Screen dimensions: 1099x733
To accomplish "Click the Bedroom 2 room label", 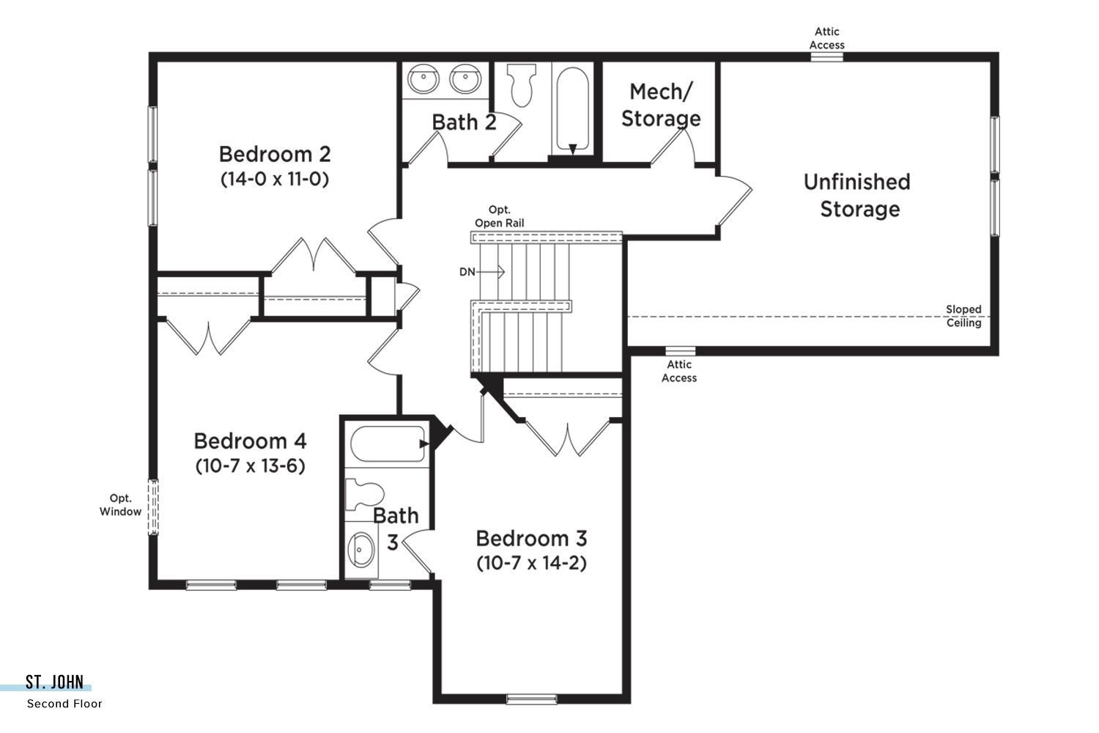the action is point(275,154).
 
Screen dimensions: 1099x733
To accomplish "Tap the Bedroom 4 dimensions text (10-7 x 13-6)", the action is point(251,465).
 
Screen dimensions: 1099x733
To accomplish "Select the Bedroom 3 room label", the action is point(531,539).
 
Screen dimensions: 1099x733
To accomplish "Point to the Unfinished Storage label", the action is point(858,196).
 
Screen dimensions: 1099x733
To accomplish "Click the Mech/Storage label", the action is point(661,105).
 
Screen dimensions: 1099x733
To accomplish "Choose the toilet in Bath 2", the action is point(522,86).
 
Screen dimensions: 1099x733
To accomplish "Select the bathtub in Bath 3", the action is point(388,443).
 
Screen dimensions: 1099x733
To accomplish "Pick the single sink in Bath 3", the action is point(361,549).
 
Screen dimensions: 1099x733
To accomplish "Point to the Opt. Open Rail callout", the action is point(500,216).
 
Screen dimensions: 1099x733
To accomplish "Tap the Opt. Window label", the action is point(120,505).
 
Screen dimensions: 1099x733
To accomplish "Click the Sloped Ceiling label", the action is point(963,316).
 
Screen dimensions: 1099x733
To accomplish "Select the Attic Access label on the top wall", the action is point(827,38).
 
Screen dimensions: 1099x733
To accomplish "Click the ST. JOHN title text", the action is point(54,682).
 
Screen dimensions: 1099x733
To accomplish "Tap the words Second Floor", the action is point(64,704).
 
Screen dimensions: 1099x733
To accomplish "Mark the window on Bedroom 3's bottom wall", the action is point(531,699).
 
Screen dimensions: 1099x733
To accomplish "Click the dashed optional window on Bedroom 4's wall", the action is point(153,507).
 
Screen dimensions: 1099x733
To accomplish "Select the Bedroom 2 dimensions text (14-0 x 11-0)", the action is point(275,179).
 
